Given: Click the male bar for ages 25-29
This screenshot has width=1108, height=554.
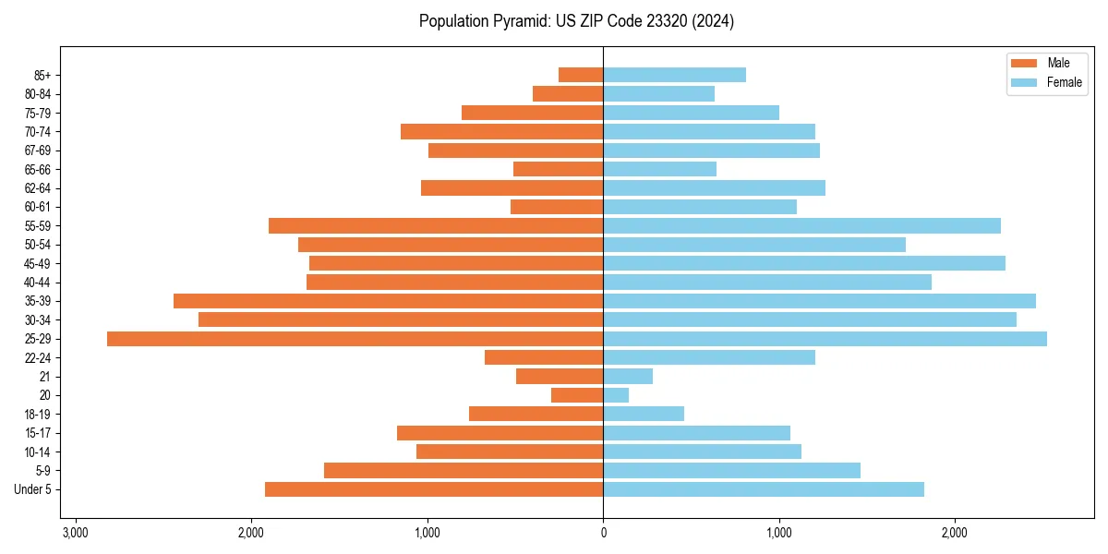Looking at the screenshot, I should (355, 339).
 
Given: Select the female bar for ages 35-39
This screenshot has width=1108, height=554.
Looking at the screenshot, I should (819, 301).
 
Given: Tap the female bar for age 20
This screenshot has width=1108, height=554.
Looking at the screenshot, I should (616, 395).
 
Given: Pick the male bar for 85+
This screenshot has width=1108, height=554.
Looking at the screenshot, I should (581, 75).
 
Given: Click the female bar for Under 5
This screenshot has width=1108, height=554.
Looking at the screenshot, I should (764, 489).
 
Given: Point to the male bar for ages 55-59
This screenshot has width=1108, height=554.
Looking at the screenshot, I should (436, 226).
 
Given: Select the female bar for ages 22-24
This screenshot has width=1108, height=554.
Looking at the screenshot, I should (709, 357).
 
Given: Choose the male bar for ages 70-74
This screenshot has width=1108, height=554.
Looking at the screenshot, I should (501, 132).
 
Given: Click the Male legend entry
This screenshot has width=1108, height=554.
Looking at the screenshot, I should (1058, 63).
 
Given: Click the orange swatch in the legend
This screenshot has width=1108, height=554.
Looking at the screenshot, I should (1025, 63).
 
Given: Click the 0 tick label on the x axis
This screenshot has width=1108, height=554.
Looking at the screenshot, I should (603, 533).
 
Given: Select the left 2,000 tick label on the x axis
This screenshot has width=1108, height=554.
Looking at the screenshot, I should (251, 533).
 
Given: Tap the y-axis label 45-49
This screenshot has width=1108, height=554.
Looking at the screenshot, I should (38, 263).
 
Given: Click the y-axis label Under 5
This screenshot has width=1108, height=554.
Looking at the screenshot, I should (33, 489).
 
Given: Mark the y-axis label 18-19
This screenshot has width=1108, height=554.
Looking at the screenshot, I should (38, 415).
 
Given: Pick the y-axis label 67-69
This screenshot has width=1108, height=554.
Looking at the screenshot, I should (38, 151).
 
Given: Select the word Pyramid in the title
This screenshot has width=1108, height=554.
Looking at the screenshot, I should (519, 21).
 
